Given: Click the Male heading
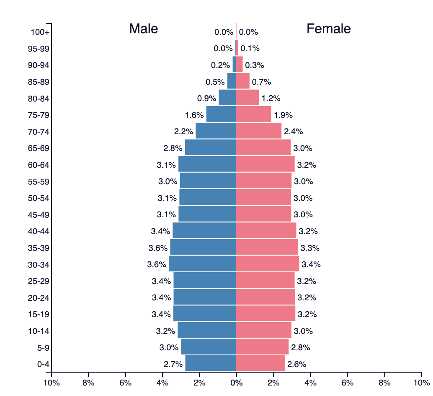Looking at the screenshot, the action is click(143, 29).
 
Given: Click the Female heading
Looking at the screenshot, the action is click(329, 29).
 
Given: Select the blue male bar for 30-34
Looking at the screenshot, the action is click(202, 263).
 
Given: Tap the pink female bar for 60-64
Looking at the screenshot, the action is click(265, 164).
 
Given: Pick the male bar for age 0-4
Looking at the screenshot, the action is click(211, 363).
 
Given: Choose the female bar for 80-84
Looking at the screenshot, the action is click(247, 98).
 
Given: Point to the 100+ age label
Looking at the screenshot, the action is click(40, 32).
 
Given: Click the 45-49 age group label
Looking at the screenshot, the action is click(39, 215).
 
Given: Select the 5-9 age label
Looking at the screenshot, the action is click(44, 348).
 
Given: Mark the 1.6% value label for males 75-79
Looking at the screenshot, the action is click(194, 115).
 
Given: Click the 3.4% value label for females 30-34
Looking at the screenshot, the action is click(311, 264).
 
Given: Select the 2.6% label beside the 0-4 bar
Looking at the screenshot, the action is click(296, 364).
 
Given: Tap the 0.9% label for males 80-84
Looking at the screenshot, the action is click(206, 98).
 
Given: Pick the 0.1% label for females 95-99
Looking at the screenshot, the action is click(250, 48).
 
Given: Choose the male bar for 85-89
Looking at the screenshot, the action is click(232, 81).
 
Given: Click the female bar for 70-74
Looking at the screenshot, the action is click(259, 131).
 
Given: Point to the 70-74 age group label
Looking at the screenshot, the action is click(39, 132).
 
